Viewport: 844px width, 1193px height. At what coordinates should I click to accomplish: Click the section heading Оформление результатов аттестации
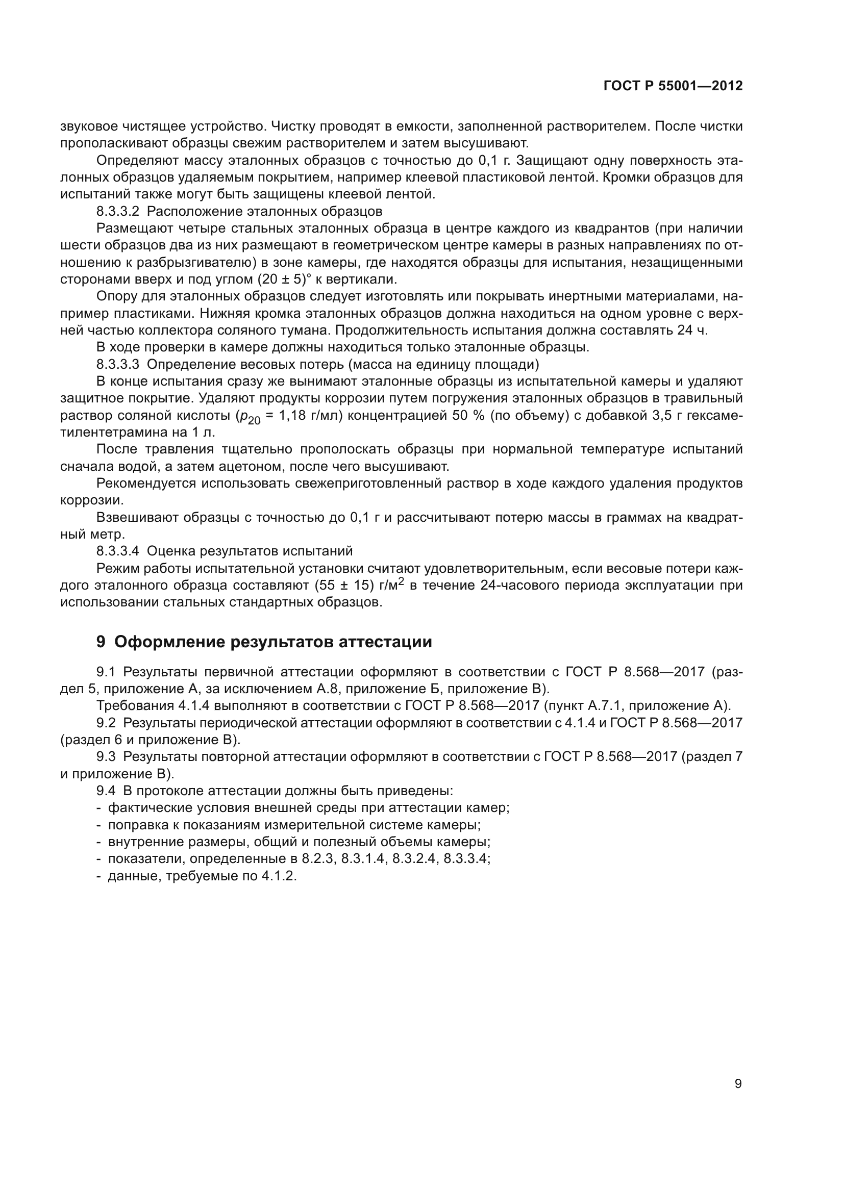tap(273, 642)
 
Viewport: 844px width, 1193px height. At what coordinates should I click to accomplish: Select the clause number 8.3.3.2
tap(118, 212)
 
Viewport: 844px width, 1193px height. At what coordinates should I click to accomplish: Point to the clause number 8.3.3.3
tap(118, 364)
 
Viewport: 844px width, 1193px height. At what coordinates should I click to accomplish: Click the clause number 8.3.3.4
tap(118, 551)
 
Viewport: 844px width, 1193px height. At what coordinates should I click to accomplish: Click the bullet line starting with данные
tap(202, 876)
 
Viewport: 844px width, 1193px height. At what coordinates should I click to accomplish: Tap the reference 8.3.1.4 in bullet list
tap(363, 858)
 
